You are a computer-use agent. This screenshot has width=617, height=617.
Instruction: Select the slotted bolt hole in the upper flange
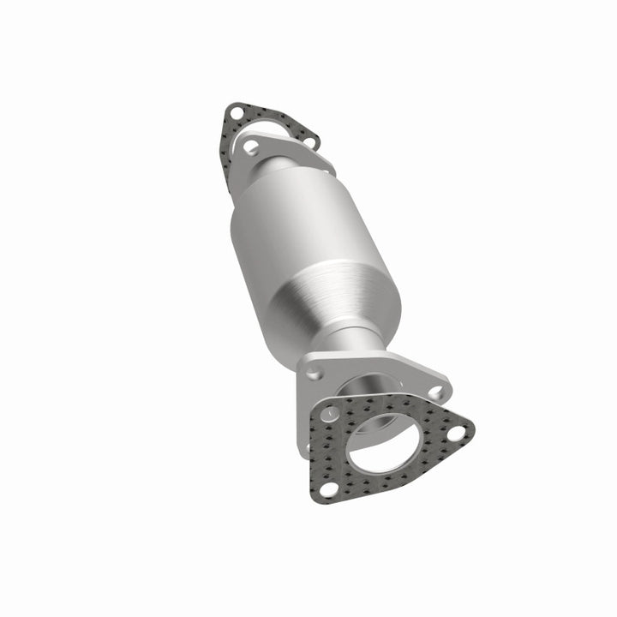(250, 147)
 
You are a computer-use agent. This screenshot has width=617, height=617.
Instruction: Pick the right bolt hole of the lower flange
(436, 392)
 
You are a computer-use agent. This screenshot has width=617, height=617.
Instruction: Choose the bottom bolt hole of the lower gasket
(327, 488)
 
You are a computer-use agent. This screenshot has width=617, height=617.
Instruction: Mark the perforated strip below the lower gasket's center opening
(377, 485)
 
